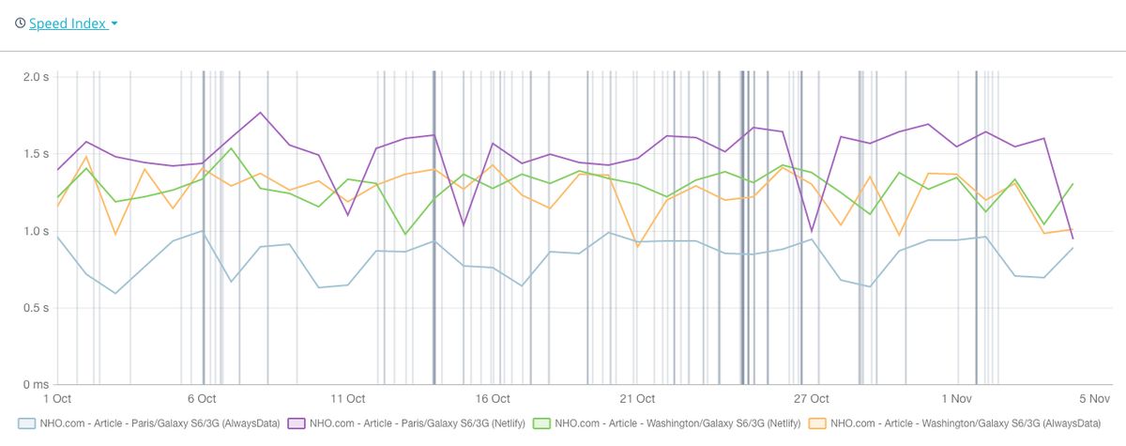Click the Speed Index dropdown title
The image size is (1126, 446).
point(67,23)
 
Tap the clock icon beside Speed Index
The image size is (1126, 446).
point(20,23)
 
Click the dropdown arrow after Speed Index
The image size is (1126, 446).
point(114,23)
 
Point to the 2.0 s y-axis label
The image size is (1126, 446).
point(35,77)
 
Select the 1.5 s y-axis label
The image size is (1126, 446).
point(35,154)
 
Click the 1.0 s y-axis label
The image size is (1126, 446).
point(35,231)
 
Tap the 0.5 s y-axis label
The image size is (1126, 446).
point(35,308)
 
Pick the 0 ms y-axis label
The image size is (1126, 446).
point(35,385)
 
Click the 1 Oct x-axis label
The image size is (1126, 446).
point(57,399)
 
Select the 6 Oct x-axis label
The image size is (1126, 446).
point(202,399)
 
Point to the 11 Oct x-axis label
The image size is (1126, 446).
point(348,399)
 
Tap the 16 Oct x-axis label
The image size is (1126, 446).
point(494,399)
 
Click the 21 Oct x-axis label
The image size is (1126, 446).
point(638,399)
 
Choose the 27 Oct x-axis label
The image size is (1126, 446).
point(813,399)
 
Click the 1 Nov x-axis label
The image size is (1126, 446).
point(957,399)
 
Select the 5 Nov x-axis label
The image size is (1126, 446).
point(1073,399)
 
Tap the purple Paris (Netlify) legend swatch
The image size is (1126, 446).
point(296,423)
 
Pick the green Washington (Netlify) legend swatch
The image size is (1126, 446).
point(540,423)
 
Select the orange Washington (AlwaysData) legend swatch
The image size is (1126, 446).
point(817,423)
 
